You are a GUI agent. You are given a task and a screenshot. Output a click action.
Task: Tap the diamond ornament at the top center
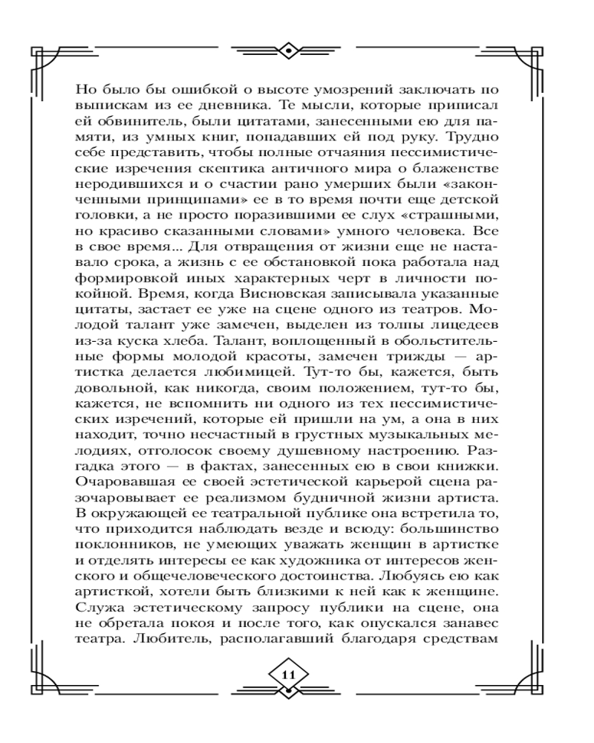[x=289, y=51]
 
